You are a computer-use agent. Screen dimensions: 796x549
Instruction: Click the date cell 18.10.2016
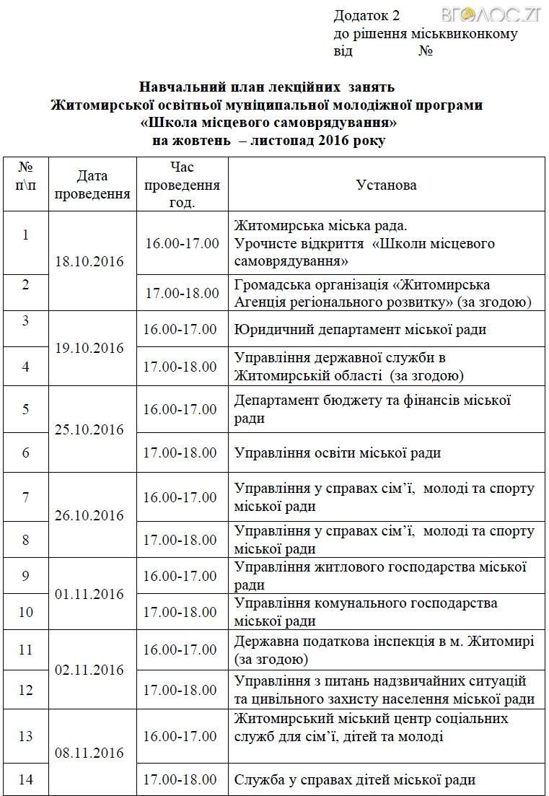(x=89, y=261)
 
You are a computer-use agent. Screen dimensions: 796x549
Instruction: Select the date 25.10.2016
(x=89, y=429)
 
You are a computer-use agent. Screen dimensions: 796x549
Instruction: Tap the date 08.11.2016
(x=89, y=753)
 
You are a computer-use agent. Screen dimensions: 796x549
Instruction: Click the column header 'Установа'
(x=386, y=185)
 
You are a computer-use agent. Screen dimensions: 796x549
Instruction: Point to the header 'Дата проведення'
(x=92, y=185)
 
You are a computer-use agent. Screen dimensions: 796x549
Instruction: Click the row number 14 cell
(x=26, y=779)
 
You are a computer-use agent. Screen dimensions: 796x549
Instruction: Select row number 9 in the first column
(x=26, y=576)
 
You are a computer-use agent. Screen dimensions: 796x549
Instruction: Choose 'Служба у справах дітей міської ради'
(x=355, y=779)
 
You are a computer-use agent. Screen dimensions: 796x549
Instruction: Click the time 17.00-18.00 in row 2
(x=182, y=293)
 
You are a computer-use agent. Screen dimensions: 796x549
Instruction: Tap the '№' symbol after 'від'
(x=426, y=51)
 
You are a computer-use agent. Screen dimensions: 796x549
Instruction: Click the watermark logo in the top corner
(x=505, y=14)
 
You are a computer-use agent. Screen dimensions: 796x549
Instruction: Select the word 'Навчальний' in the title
(x=174, y=88)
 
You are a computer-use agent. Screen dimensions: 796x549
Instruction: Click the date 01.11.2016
(x=89, y=594)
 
